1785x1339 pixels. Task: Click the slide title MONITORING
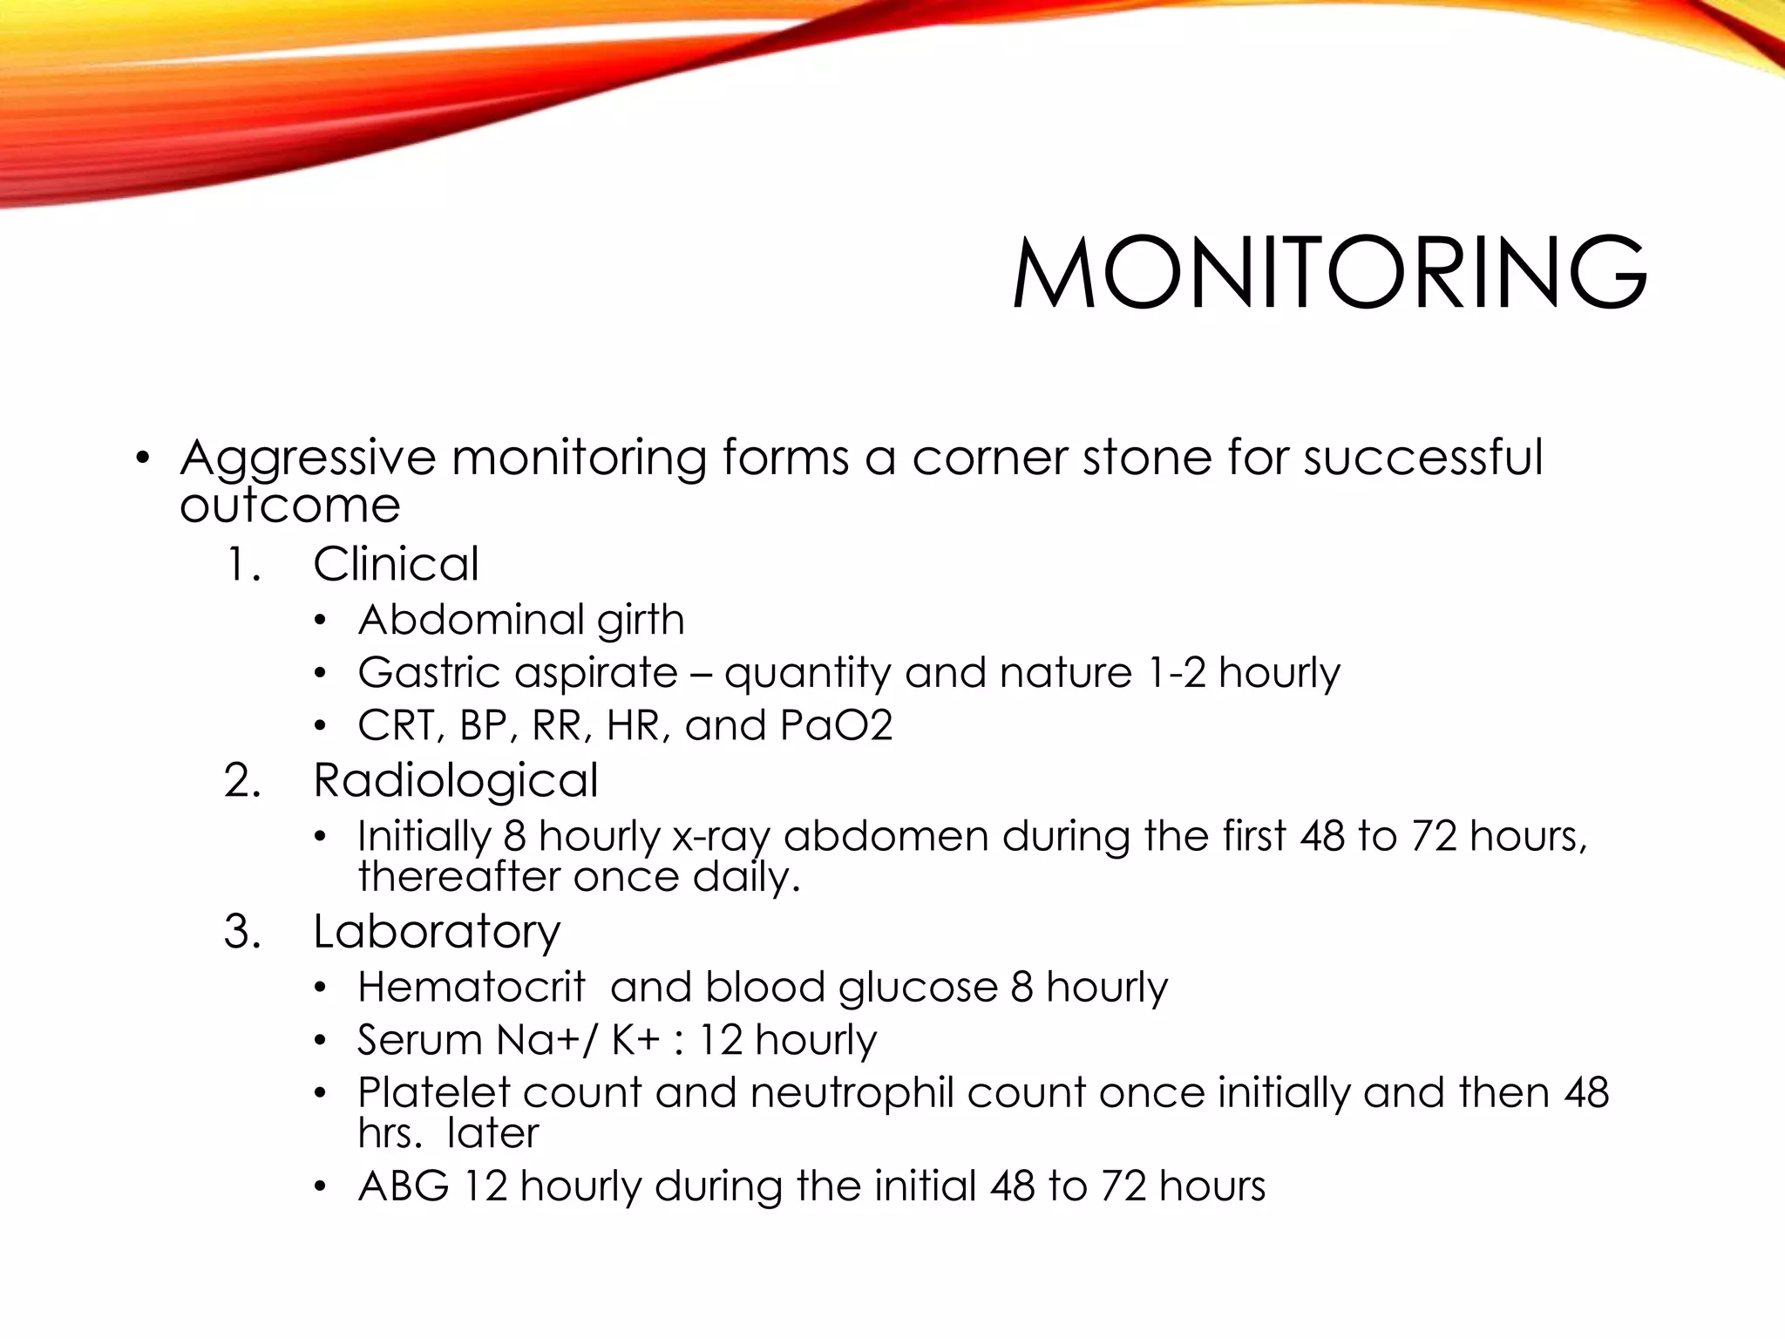(1329, 272)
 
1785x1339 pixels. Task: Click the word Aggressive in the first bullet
(307, 459)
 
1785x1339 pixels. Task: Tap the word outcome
(289, 506)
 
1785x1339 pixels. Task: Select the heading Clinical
(396, 564)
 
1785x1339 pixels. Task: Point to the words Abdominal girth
(521, 620)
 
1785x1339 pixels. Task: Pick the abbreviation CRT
(397, 726)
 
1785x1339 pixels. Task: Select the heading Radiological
(455, 780)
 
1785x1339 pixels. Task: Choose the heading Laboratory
(437, 931)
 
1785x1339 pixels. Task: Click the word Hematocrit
(471, 988)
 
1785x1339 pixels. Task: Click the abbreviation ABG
(404, 1186)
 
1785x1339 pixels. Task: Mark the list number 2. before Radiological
(242, 780)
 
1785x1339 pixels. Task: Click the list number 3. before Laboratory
(242, 931)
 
